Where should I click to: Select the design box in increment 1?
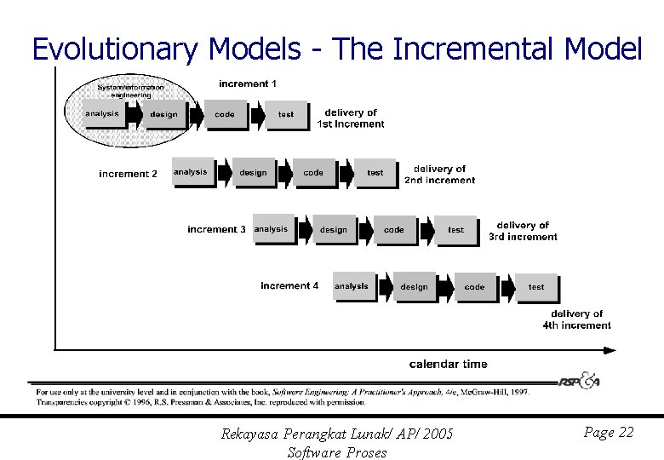163,114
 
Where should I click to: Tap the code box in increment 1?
225,114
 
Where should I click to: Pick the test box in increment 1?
286,114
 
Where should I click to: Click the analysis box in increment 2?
191,172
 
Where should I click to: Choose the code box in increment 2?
313,172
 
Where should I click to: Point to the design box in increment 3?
334,230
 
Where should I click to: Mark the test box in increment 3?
456,230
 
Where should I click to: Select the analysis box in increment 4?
352,287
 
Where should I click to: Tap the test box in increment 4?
536,287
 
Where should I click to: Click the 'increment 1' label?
248,83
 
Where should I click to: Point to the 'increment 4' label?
289,285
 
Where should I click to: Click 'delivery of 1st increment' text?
351,118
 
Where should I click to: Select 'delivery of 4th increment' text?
576,319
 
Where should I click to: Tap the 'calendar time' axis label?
449,364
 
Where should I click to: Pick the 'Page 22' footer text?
609,433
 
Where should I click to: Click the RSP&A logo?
580,381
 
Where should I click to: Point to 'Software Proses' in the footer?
337,452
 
